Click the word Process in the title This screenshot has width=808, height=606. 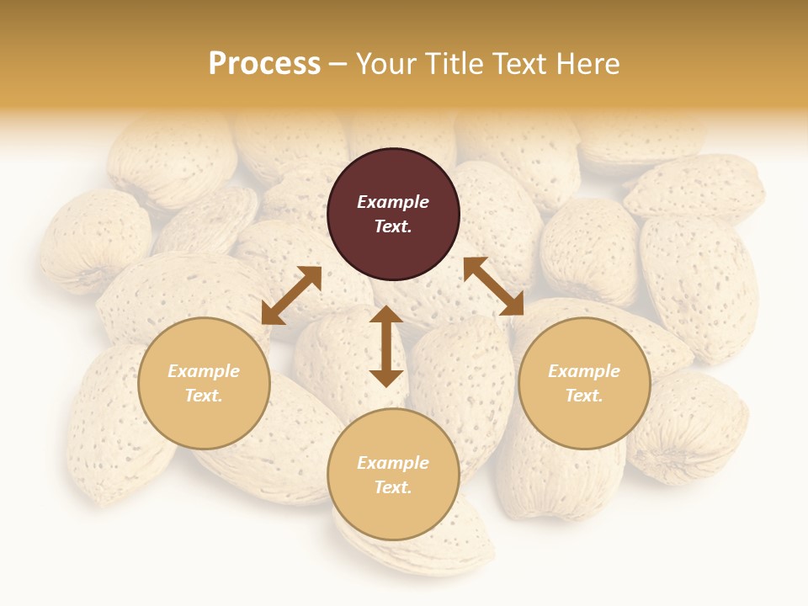click(264, 64)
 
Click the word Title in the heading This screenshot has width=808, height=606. click(455, 64)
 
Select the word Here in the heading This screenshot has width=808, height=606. click(588, 64)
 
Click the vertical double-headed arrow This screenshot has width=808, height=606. click(386, 346)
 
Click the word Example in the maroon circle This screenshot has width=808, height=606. click(393, 202)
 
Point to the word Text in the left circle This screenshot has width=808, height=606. click(204, 396)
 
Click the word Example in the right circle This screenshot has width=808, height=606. click(584, 371)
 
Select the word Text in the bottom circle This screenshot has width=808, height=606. click(393, 487)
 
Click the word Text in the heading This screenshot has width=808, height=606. click(524, 64)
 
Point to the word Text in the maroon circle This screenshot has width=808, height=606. click(393, 226)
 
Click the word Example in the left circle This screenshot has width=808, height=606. click(204, 371)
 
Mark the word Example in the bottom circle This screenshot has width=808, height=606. click(393, 463)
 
